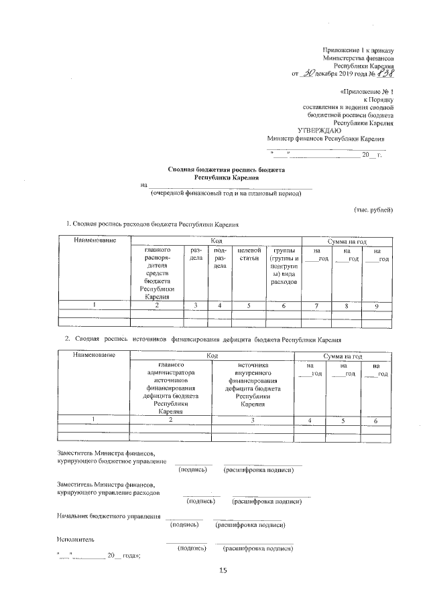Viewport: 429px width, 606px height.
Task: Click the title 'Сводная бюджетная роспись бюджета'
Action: [x=226, y=171]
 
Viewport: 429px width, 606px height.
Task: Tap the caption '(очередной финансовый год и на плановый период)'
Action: [x=226, y=194]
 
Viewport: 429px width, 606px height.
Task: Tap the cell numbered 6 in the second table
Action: [x=376, y=420]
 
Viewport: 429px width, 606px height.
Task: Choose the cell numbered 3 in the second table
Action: [x=253, y=420]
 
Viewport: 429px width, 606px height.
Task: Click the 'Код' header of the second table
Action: [x=212, y=354]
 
